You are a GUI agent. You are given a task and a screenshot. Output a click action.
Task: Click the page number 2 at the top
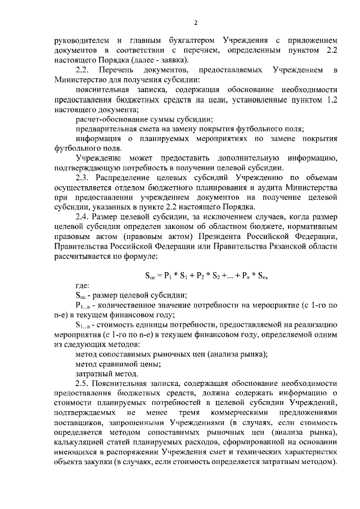pos(196,22)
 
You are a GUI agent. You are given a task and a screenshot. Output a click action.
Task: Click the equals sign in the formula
pos(159,274)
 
